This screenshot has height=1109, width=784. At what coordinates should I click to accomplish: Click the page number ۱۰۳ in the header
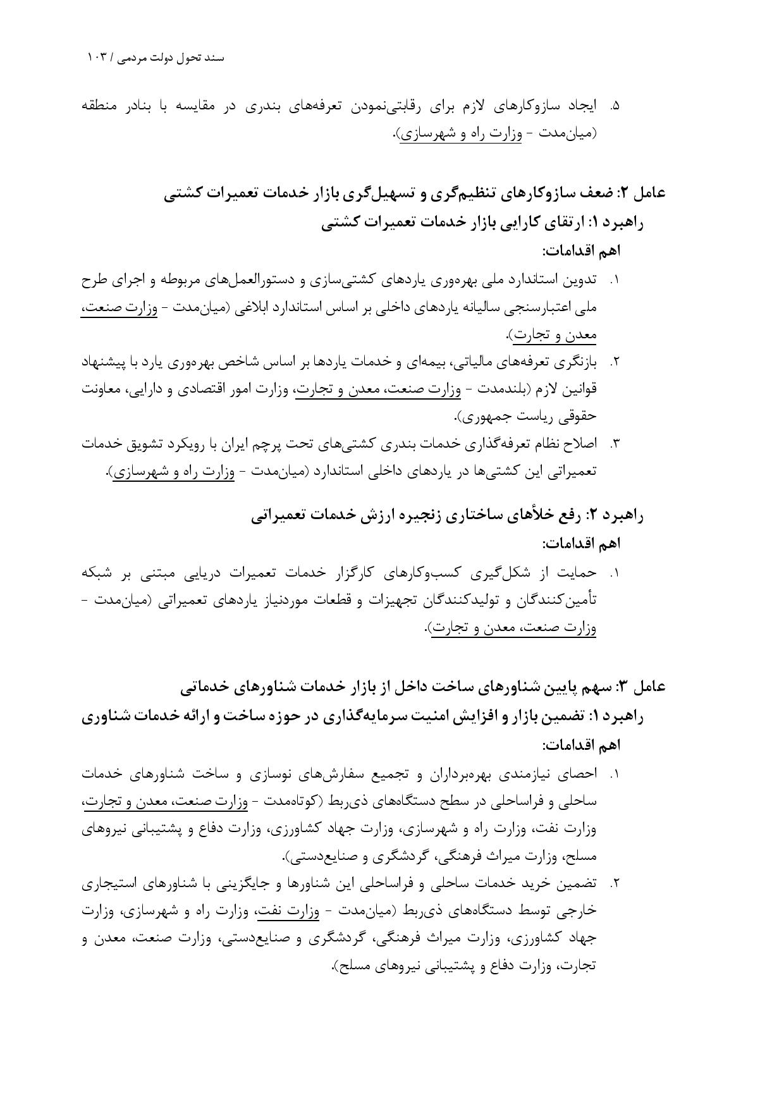[x=98, y=58]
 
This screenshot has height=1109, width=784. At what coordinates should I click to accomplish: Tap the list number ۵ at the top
[x=615, y=106]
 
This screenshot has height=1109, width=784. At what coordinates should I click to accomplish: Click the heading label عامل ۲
[x=643, y=193]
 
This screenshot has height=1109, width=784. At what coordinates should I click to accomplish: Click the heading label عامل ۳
[x=643, y=686]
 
